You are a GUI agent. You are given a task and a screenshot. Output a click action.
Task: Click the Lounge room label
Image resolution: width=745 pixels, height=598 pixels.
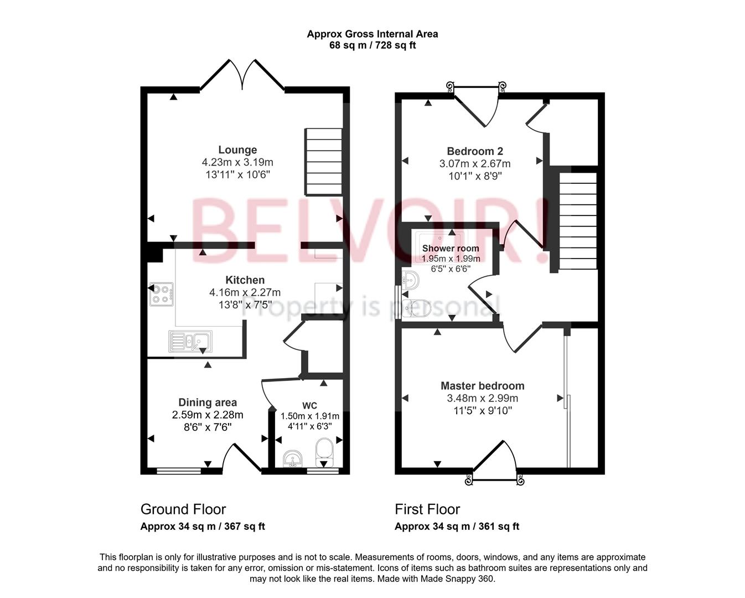237,149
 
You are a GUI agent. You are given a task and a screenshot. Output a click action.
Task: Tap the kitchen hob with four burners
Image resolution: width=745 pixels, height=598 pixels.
161,294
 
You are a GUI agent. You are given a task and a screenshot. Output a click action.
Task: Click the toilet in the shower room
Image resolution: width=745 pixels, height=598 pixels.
418,308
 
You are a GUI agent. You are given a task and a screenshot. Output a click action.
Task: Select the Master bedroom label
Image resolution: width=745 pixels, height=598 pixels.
482,385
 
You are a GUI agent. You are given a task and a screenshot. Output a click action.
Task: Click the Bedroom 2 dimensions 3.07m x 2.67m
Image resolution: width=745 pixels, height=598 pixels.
475,163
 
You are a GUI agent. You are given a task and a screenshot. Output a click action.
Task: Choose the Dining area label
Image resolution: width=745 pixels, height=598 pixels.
208,403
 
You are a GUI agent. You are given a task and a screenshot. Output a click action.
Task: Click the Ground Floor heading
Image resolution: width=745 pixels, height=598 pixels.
183,509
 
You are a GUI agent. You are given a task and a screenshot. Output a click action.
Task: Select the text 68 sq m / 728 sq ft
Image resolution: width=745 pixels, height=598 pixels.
372,45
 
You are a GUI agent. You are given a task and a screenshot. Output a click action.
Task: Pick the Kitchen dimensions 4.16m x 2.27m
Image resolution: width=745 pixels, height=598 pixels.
245,292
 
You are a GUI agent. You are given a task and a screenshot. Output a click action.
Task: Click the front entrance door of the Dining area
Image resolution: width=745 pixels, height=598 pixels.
242,457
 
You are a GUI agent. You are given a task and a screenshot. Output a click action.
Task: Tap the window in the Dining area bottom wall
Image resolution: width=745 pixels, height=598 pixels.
179,471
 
